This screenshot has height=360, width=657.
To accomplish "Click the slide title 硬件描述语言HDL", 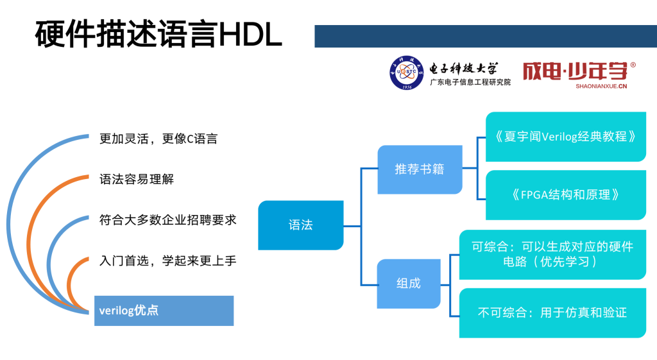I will click(158, 35).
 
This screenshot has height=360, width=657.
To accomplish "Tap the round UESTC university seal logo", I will click(407, 74).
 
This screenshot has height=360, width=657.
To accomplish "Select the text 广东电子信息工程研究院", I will click(470, 82).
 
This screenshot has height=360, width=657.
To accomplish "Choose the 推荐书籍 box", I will click(420, 169).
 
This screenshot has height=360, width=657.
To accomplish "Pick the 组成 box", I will click(409, 283).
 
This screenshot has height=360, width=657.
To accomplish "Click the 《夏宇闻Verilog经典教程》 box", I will click(565, 137).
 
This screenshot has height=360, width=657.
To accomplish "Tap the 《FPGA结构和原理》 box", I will click(565, 194).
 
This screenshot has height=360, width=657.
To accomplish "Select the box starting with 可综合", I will click(552, 254).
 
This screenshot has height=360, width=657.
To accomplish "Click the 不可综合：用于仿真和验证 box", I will click(552, 313).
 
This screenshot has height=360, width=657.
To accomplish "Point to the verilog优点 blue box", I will click(164, 311).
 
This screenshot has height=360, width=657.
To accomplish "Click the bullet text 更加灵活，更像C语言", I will click(158, 139).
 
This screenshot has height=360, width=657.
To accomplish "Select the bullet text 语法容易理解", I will click(137, 179).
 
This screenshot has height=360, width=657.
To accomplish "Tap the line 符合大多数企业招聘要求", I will click(168, 219).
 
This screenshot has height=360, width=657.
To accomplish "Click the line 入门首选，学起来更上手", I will click(168, 261).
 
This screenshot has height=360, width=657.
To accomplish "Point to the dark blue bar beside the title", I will click(485, 36).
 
